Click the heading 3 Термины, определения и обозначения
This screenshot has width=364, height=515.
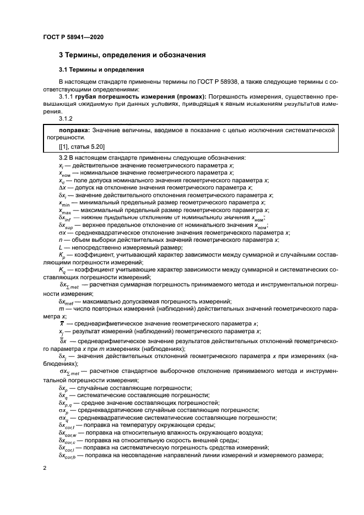[132, 55]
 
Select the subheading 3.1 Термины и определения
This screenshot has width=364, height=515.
[102, 70]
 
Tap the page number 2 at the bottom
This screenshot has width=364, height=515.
[45, 468]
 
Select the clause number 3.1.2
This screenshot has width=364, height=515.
[67, 118]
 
